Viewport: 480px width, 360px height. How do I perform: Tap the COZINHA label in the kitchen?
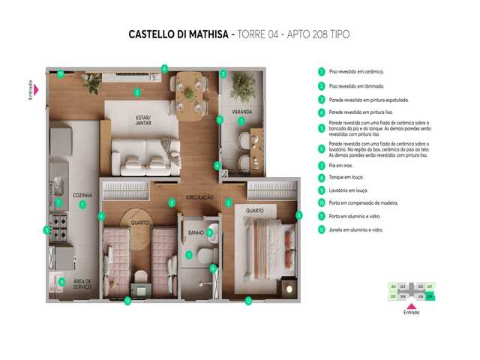point(82,195)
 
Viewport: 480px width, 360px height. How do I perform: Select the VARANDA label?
point(241,112)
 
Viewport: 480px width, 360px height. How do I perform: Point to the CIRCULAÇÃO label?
point(200,198)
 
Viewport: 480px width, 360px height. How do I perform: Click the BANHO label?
point(196,232)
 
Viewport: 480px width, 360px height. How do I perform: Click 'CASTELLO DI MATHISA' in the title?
point(178,34)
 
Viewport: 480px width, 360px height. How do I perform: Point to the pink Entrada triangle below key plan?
point(410,305)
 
